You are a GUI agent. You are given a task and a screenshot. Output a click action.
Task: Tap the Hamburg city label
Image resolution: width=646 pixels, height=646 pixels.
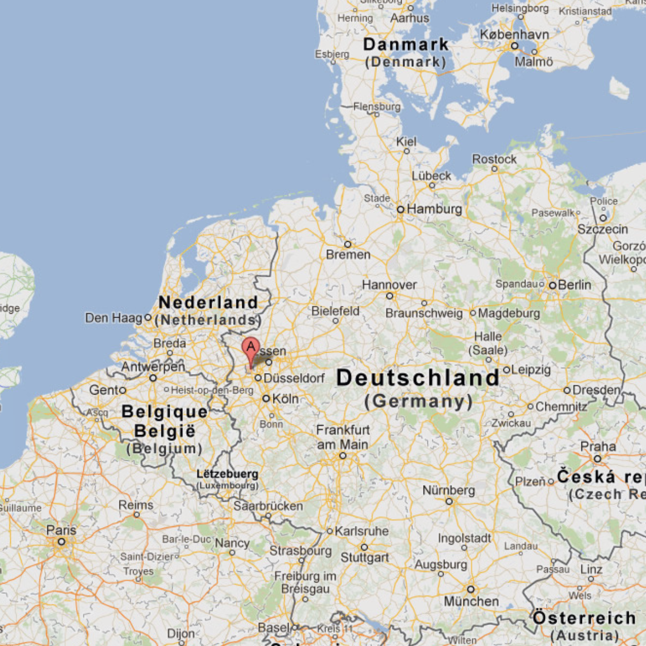click(x=434, y=209)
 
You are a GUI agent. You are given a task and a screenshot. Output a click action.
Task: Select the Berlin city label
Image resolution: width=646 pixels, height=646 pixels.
click(x=574, y=284)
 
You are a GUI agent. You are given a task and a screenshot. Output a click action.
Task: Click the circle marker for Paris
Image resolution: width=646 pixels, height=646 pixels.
click(x=61, y=542)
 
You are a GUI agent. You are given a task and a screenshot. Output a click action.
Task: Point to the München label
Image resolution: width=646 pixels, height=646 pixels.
click(x=471, y=601)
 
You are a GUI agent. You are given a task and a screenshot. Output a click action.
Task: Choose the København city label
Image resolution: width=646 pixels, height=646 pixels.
click(x=514, y=34)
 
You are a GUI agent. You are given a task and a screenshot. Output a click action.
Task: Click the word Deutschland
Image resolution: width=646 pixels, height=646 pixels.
click(x=418, y=378)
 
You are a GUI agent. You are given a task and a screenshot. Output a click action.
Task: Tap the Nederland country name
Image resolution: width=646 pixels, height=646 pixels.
click(x=208, y=303)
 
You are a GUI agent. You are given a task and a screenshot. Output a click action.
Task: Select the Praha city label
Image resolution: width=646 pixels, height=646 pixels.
click(x=598, y=446)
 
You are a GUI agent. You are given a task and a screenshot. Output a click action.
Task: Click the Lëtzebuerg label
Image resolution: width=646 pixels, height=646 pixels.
click(x=227, y=474)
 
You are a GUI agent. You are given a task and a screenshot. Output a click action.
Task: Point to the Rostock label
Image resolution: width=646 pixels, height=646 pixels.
click(x=494, y=159)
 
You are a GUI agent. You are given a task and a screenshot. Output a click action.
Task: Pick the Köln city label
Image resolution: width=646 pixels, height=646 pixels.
click(x=285, y=399)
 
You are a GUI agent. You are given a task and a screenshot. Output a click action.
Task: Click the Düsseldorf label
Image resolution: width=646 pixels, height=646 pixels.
click(x=294, y=378)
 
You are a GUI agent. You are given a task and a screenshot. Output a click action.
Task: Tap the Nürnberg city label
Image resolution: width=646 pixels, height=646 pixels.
click(x=448, y=490)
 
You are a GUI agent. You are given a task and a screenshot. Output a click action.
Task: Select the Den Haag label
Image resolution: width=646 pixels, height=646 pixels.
click(x=113, y=318)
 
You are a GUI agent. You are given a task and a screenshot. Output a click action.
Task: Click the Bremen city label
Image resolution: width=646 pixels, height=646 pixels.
click(x=348, y=255)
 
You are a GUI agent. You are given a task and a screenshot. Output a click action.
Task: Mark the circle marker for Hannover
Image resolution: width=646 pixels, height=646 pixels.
click(x=390, y=296)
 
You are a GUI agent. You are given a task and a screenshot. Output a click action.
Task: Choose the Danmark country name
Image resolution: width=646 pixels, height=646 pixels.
click(x=405, y=45)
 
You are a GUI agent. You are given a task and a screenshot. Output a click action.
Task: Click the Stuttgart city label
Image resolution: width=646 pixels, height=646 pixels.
click(x=364, y=558)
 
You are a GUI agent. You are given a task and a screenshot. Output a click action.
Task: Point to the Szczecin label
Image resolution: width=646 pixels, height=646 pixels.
click(x=602, y=229)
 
